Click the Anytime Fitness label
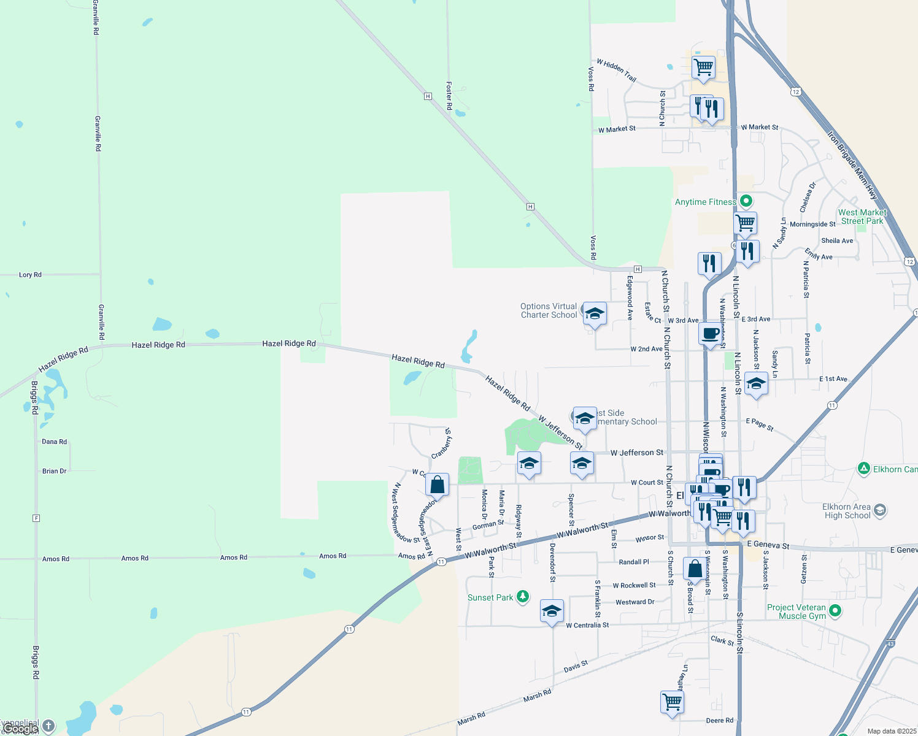705,202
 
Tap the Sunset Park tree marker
523,597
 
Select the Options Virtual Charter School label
549,310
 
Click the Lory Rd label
30,275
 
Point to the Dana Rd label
54,442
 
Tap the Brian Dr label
54,471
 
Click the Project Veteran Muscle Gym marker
835,611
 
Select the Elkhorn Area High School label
847,511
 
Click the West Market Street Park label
862,217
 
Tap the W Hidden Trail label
616,71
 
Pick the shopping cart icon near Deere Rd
673,701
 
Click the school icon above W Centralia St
552,611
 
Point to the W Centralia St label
587,625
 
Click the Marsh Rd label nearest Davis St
537,696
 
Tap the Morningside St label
812,224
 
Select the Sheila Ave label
837,240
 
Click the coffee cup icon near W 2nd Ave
710,334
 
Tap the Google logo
20,729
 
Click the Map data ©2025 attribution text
891,731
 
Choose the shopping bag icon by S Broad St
695,569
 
